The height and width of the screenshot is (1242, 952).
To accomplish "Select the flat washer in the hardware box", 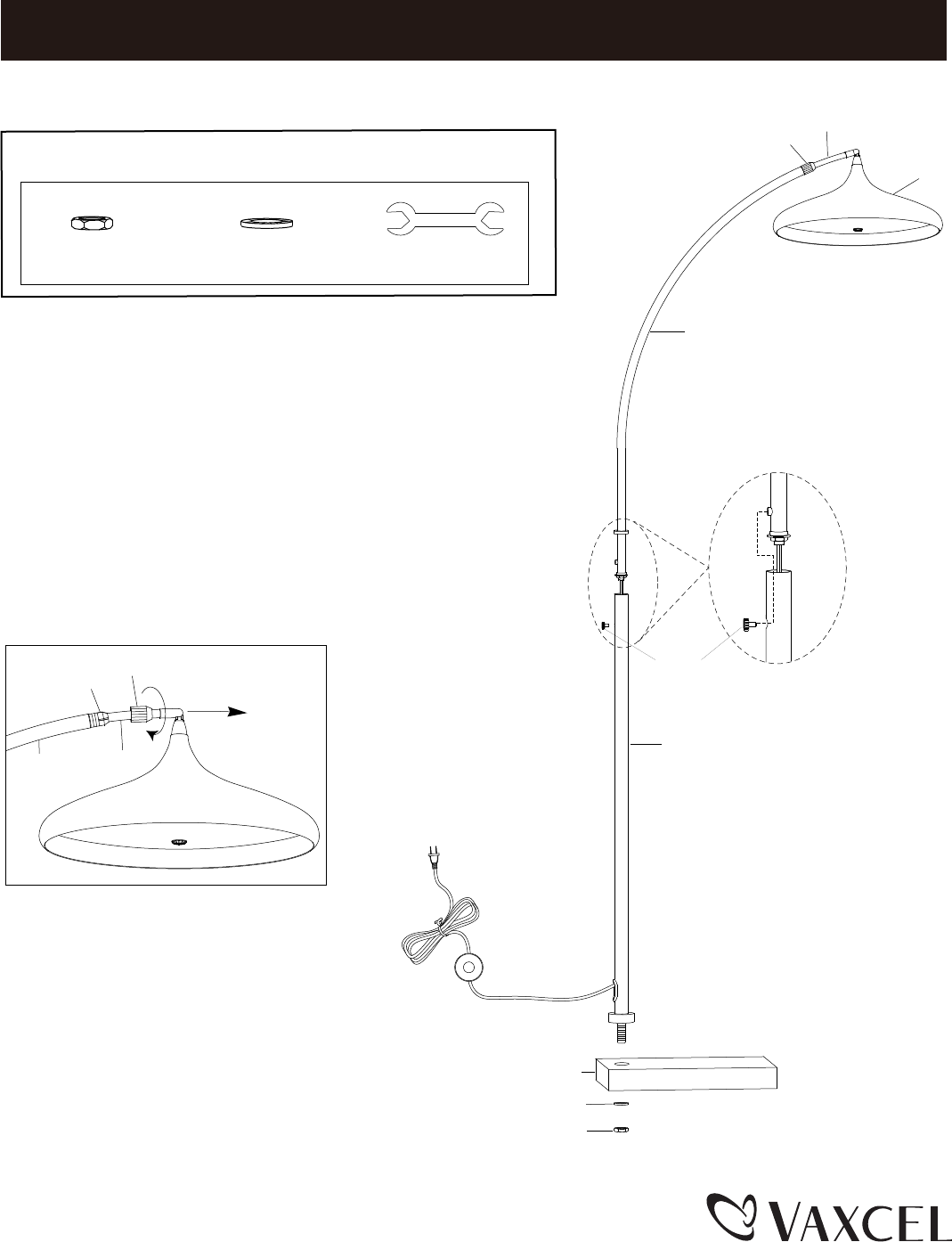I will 268,223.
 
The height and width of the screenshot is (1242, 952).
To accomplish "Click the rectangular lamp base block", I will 686,1074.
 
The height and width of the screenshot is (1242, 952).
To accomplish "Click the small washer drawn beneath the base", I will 622,1105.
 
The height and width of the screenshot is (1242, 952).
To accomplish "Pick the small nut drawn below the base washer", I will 622,1131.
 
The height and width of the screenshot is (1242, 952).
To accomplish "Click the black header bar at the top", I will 472,29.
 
